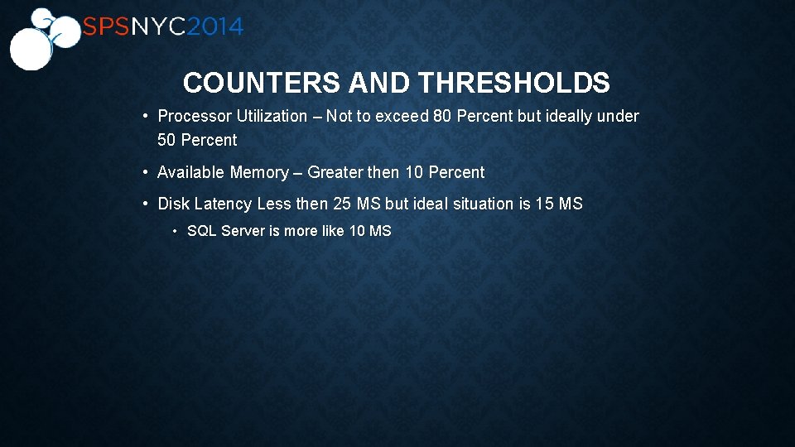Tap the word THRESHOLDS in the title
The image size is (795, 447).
click(513, 83)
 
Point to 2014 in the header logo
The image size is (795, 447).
click(214, 27)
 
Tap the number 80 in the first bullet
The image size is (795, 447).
click(442, 117)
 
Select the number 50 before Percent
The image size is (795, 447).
click(166, 140)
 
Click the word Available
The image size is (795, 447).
click(191, 172)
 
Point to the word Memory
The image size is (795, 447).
click(259, 172)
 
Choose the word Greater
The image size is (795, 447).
click(335, 172)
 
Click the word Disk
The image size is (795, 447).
click(173, 204)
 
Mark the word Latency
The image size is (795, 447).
click(223, 204)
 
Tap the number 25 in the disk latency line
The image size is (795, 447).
click(342, 204)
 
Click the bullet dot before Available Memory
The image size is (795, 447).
click(145, 172)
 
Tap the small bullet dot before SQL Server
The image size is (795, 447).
click(176, 231)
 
